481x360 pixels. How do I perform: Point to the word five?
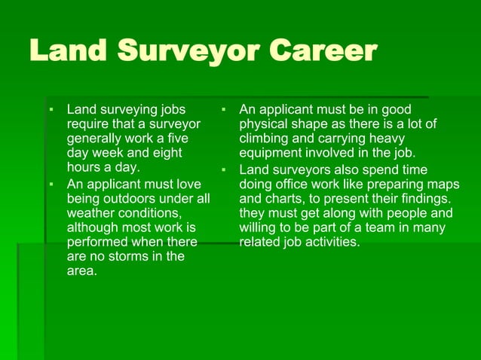(x=188, y=138)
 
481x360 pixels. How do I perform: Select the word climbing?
(x=265, y=139)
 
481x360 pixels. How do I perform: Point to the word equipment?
(x=271, y=153)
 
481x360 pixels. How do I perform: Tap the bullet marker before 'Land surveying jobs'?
(x=51, y=109)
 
